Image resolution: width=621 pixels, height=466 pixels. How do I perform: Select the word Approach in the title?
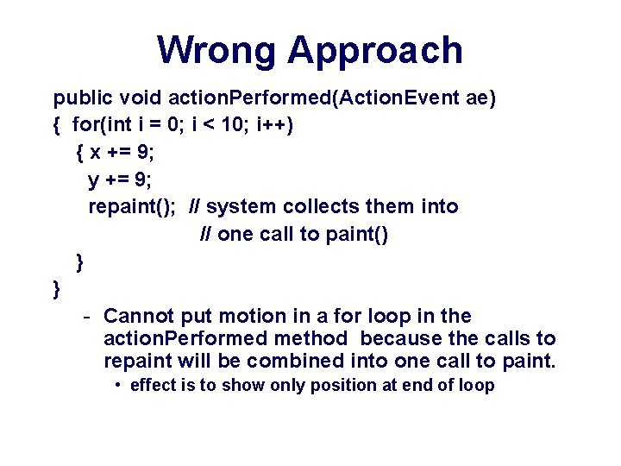pos(375,52)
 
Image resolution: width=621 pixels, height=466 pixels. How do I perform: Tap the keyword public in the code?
pos(83,98)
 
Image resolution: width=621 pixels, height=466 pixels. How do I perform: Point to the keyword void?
pos(141,98)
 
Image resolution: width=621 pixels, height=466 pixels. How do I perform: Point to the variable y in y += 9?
pos(94,179)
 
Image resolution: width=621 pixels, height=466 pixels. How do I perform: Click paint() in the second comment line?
pos(356,235)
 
